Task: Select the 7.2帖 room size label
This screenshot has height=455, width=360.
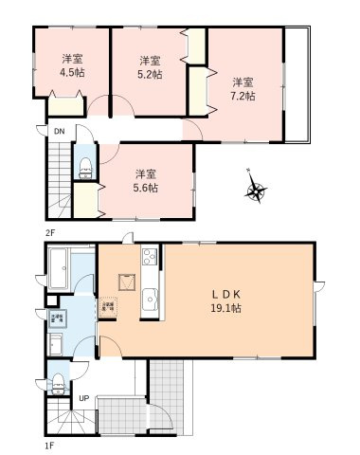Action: (x=243, y=95)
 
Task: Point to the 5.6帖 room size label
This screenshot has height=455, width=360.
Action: (x=145, y=187)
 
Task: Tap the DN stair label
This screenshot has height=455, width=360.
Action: (x=58, y=131)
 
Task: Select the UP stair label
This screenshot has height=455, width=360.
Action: (x=83, y=398)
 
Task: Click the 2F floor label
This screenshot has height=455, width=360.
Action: (x=47, y=230)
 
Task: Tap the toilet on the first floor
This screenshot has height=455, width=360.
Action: (x=60, y=382)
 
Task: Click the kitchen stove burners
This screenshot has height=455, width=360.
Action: (x=148, y=258)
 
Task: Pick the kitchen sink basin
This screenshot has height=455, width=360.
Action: (x=149, y=302)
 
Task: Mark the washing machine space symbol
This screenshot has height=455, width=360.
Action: (x=57, y=318)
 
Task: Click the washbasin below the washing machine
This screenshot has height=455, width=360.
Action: (x=56, y=345)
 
